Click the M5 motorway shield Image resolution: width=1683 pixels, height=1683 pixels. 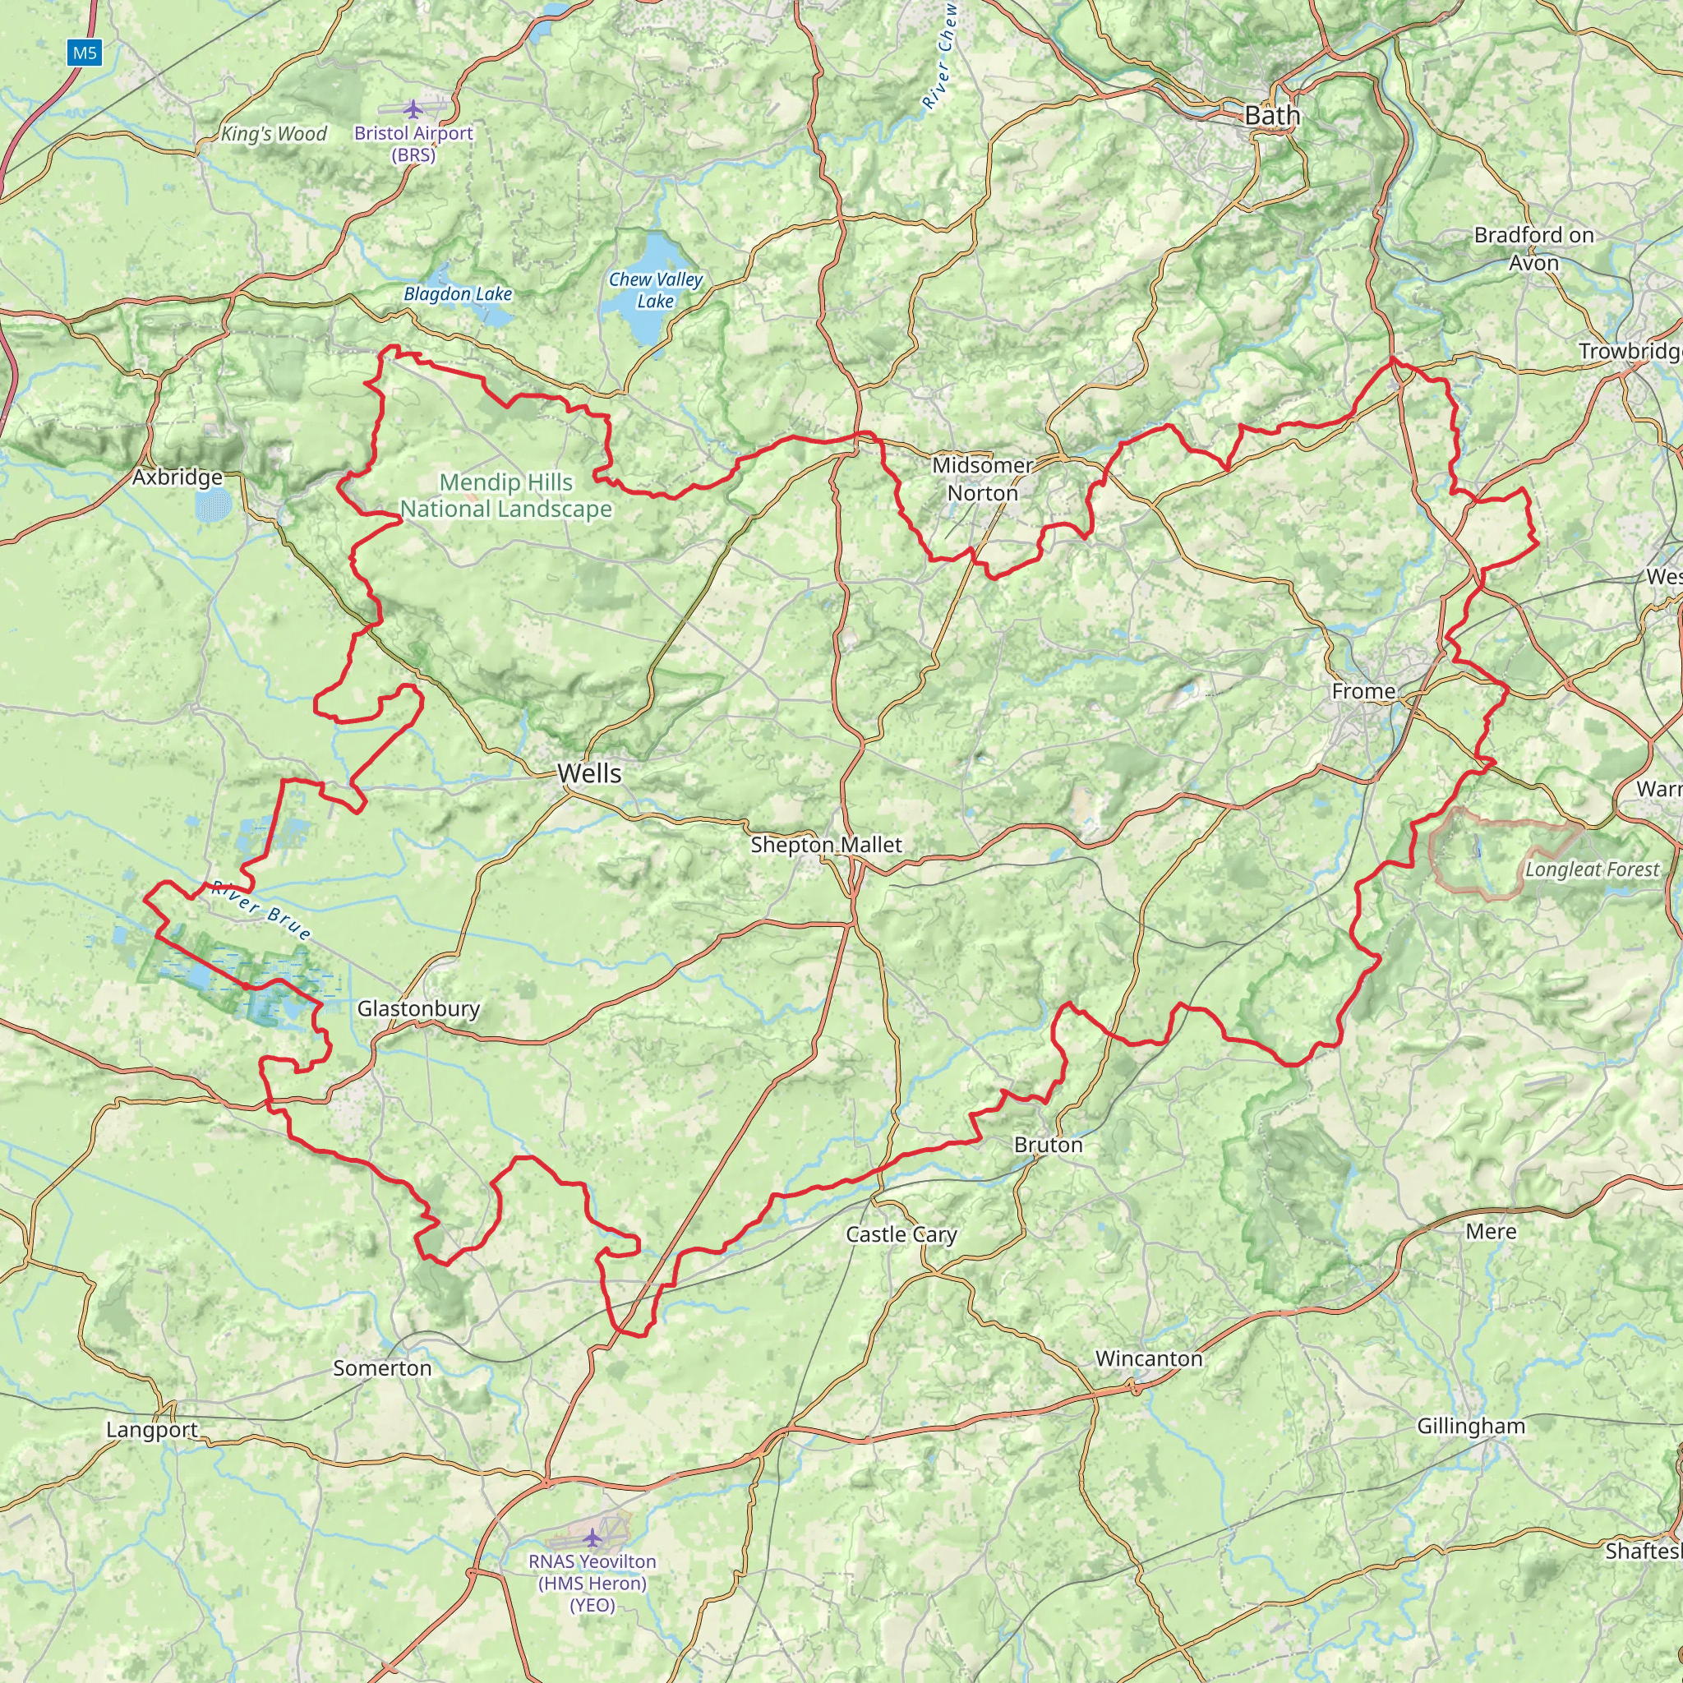tap(85, 53)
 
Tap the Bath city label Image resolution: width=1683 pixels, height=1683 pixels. tap(1272, 115)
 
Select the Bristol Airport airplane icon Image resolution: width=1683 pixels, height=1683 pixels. tap(413, 109)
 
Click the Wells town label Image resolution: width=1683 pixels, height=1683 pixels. tap(590, 772)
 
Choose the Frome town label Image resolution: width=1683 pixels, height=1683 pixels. tap(1363, 691)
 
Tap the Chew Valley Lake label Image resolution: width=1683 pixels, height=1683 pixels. tap(655, 290)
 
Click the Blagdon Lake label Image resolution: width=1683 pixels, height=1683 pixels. tap(458, 294)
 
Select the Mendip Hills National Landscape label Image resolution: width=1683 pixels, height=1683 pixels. tap(506, 495)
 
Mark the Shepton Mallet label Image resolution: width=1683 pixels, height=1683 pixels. tap(826, 844)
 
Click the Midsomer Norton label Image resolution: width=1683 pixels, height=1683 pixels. tap(982, 479)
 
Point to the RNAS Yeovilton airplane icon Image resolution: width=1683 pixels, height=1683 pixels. tap(593, 1537)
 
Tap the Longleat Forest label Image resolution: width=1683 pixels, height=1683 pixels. tap(1592, 869)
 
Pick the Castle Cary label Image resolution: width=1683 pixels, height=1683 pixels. tap(901, 1233)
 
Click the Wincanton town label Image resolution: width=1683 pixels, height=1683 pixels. tap(1148, 1358)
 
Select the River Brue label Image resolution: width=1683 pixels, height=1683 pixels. tap(261, 911)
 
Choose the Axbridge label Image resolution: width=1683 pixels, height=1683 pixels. tap(178, 477)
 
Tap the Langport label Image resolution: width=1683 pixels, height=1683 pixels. tap(151, 1430)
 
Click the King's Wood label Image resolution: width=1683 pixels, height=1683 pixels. tap(274, 133)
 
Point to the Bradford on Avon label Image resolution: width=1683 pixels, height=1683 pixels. tap(1534, 248)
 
